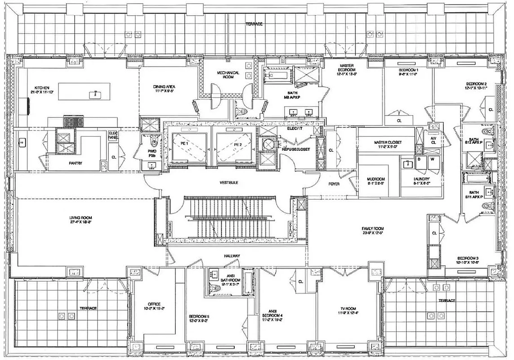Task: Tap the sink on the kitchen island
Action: click(95, 94)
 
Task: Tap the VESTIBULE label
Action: click(228, 183)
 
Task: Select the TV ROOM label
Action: click(348, 310)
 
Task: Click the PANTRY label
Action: click(76, 163)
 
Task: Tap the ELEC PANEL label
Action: click(113, 135)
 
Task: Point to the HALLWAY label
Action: click(232, 256)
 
